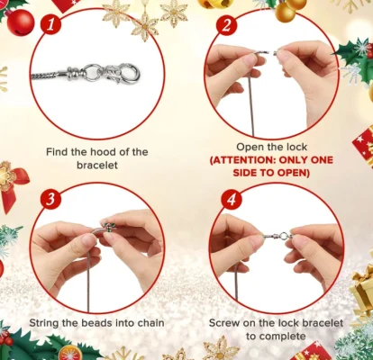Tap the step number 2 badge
227,24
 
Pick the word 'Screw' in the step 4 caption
225,321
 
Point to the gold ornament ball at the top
286,11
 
